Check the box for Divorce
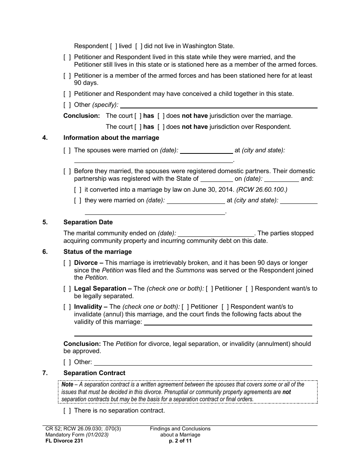point(67,263)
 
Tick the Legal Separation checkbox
point(67,289)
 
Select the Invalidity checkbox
point(67,307)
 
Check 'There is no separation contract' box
point(67,411)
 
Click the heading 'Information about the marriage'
point(111,138)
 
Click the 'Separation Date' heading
point(88,222)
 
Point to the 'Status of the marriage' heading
point(97,252)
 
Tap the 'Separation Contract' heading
point(94,373)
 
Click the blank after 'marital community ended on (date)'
point(216,233)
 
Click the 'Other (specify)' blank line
point(219,105)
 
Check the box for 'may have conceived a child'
point(67,94)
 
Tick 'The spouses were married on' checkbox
point(67,150)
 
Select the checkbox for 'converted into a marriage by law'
point(78,190)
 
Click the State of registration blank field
point(216,179)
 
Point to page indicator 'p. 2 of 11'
point(180,441)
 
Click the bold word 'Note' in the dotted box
point(67,385)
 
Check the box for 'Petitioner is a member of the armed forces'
point(67,76)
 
